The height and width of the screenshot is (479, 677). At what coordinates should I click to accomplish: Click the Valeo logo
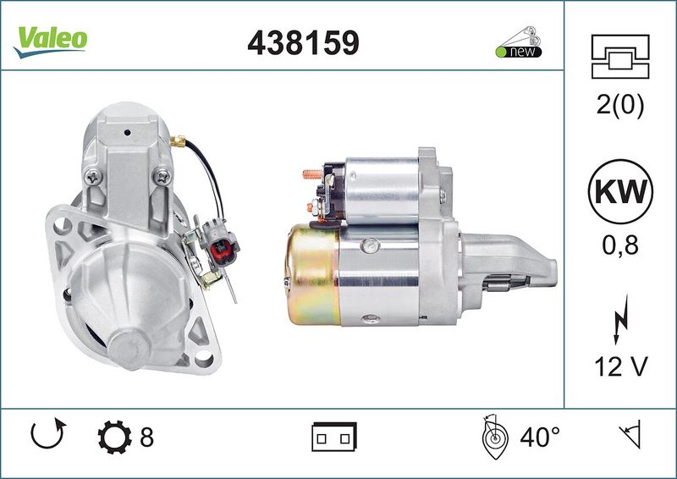coord(51,41)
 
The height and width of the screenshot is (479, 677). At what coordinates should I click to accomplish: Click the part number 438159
coord(303,43)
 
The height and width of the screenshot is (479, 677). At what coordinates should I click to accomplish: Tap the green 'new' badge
coord(519,43)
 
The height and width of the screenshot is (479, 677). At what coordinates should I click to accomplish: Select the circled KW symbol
coord(620,191)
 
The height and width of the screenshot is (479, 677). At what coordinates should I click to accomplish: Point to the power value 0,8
coord(620,245)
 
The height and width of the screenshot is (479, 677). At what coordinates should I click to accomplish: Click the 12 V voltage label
coord(621,366)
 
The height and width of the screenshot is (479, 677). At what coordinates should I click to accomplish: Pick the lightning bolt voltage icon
coord(620,319)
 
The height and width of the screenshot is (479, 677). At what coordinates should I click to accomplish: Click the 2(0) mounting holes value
coord(620,105)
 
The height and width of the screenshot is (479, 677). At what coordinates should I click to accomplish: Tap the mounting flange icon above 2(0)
coord(620,57)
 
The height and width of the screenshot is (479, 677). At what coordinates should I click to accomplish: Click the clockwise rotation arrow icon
coord(48,433)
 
